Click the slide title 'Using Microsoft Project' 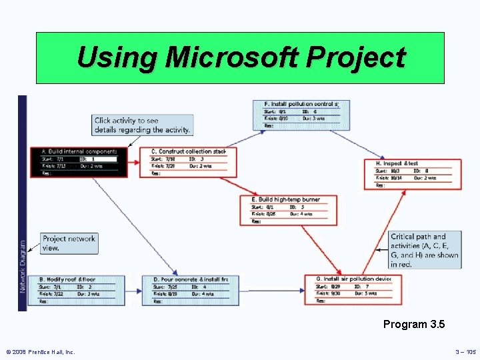click(240, 57)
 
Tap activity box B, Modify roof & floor click(69, 291)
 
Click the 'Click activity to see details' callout click(142, 125)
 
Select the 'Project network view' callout click(69, 243)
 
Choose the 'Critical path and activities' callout click(425, 250)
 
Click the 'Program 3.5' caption click(413, 325)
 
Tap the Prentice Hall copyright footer click(41, 351)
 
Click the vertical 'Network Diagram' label click(23, 266)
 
